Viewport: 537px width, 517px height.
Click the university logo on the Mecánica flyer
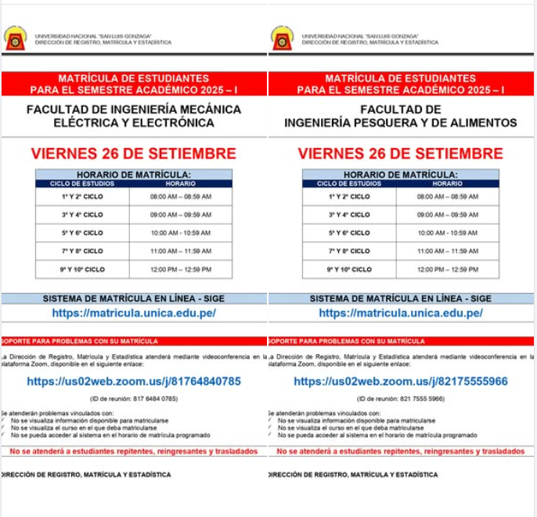click(x=15, y=38)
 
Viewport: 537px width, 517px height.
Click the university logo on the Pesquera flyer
click(x=282, y=38)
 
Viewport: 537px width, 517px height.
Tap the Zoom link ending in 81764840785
click(x=134, y=381)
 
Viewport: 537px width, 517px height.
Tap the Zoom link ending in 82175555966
click(x=401, y=381)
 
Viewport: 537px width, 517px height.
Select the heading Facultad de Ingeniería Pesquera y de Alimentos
click(x=401, y=116)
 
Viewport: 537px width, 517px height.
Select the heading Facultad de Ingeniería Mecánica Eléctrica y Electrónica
click(x=134, y=116)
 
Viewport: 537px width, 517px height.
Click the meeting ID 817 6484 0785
click(x=134, y=399)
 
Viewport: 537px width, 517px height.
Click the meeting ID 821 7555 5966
click(x=401, y=399)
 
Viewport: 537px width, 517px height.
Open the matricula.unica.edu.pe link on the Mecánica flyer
click(x=134, y=313)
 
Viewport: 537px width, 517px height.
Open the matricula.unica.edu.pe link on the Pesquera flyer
click(x=401, y=313)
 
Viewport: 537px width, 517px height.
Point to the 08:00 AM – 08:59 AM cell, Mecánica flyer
click(x=181, y=197)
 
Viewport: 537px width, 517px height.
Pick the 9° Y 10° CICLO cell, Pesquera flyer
click(x=349, y=269)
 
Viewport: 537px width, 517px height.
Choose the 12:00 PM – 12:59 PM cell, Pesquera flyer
click(x=448, y=269)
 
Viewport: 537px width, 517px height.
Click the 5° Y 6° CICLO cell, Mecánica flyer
click(x=82, y=233)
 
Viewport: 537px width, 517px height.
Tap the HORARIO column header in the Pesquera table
click(x=448, y=183)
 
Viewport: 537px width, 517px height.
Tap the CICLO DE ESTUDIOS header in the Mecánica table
click(x=82, y=183)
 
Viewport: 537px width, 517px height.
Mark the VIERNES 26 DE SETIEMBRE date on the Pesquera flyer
click(x=401, y=153)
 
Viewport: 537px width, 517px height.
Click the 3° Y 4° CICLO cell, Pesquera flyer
click(x=349, y=215)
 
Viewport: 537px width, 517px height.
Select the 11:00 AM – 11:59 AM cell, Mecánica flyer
click(x=181, y=251)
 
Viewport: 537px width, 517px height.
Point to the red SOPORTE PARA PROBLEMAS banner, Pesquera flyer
click(x=401, y=342)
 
